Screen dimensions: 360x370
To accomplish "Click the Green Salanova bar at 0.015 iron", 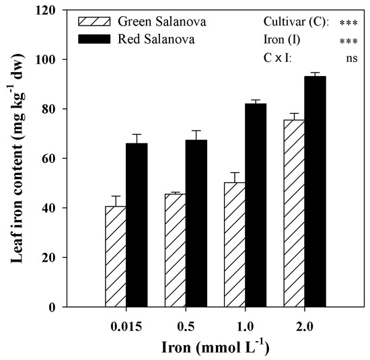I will click(x=116, y=256).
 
